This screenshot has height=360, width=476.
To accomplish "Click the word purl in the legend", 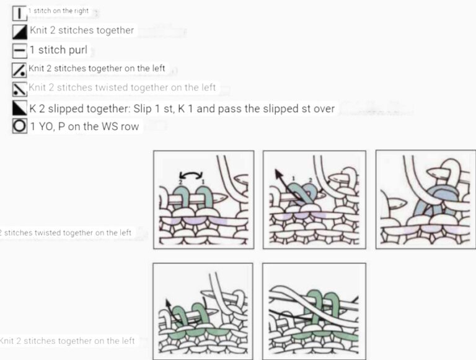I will pyautogui.click(x=77, y=50).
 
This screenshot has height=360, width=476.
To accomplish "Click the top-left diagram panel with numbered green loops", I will pyautogui.click(x=203, y=199).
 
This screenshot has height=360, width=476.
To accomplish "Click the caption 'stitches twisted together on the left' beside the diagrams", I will pyautogui.click(x=66, y=233).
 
